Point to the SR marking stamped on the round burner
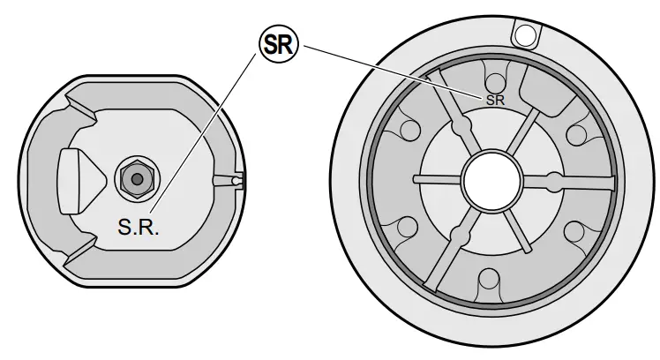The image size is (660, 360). point(495,100)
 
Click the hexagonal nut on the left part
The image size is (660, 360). point(136,176)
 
